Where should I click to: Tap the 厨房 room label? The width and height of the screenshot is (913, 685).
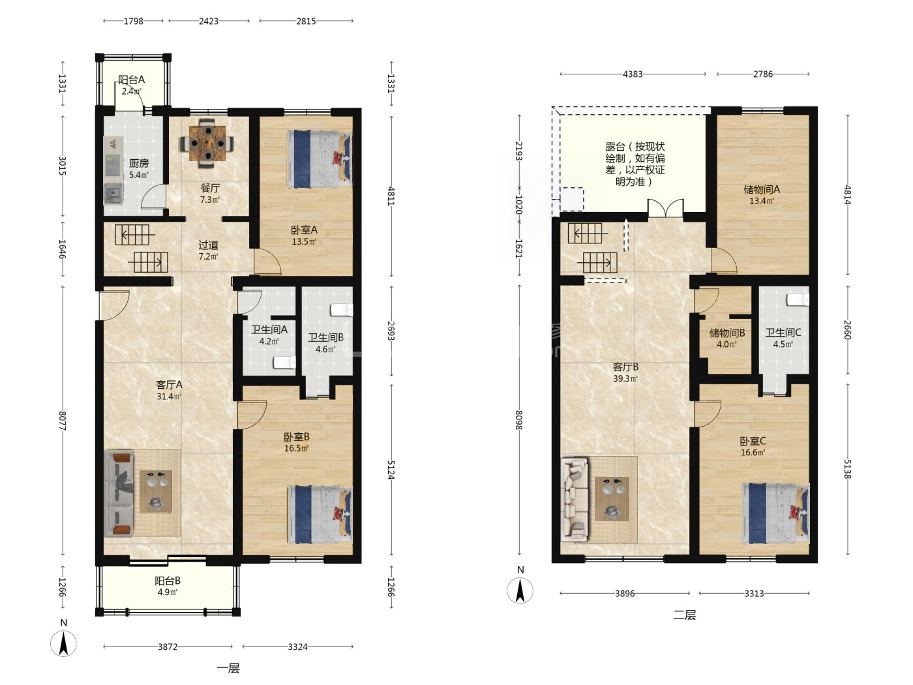tap(138, 164)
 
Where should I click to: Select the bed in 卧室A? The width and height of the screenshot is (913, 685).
tap(320, 159)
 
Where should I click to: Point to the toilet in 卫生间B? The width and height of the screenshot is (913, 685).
tap(342, 311)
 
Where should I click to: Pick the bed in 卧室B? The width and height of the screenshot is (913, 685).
tap(320, 515)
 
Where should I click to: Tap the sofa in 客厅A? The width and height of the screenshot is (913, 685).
tap(119, 494)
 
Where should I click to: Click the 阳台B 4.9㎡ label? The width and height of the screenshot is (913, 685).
tap(168, 586)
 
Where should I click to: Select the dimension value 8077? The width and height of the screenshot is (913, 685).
tap(63, 421)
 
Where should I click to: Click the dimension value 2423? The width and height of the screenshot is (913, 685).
tap(209, 22)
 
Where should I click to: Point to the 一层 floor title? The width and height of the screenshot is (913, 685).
tap(228, 668)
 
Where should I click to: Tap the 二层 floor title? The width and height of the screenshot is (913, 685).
tap(685, 615)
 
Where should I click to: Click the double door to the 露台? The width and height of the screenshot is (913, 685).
tap(666, 208)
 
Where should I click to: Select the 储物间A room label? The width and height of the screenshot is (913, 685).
tap(762, 190)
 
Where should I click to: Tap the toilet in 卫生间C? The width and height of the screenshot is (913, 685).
tap(798, 299)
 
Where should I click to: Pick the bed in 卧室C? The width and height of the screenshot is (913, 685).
tap(776, 513)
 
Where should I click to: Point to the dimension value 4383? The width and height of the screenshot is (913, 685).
tap(633, 74)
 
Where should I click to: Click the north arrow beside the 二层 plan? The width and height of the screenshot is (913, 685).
tap(520, 590)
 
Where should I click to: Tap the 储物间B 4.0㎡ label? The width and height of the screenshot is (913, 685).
tap(726, 338)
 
